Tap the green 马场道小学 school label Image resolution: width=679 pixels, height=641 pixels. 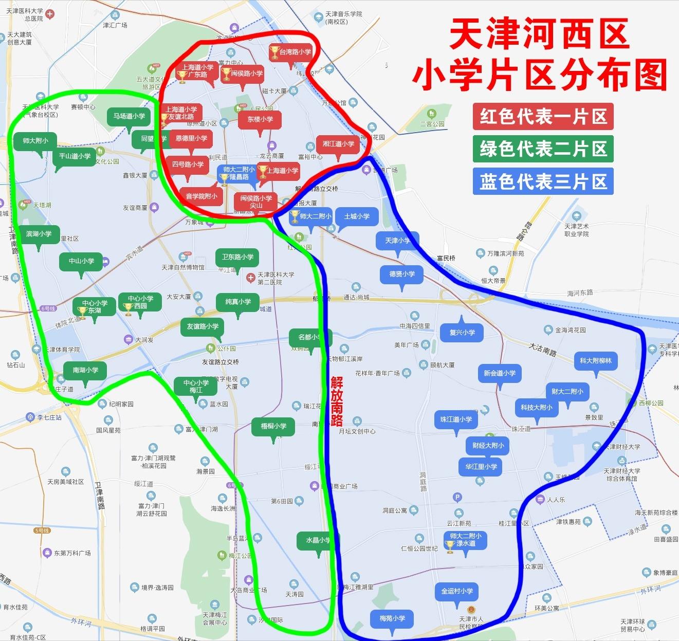point(129,116)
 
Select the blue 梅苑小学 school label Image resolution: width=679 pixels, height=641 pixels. point(392,618)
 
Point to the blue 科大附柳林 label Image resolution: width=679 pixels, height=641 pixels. point(595,361)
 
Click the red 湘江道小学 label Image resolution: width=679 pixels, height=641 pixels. point(338,144)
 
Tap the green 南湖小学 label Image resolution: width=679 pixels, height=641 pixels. point(85,370)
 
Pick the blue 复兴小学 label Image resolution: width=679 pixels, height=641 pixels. point(462,333)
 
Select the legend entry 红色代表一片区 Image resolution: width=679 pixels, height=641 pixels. point(543,117)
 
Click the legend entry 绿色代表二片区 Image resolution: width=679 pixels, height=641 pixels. point(543,149)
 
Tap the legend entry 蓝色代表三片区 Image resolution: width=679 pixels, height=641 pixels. point(543,181)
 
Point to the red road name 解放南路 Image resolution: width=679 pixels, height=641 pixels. point(337,401)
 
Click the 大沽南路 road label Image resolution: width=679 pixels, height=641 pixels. point(543,350)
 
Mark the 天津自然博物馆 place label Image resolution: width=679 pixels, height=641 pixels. point(183,267)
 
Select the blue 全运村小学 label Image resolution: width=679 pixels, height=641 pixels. point(456,591)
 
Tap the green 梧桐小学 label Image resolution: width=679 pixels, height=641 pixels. point(273,426)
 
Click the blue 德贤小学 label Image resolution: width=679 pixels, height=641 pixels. point(401,274)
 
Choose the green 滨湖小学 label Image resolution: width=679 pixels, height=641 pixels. point(39,234)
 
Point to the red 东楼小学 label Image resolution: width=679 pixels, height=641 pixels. point(260,119)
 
